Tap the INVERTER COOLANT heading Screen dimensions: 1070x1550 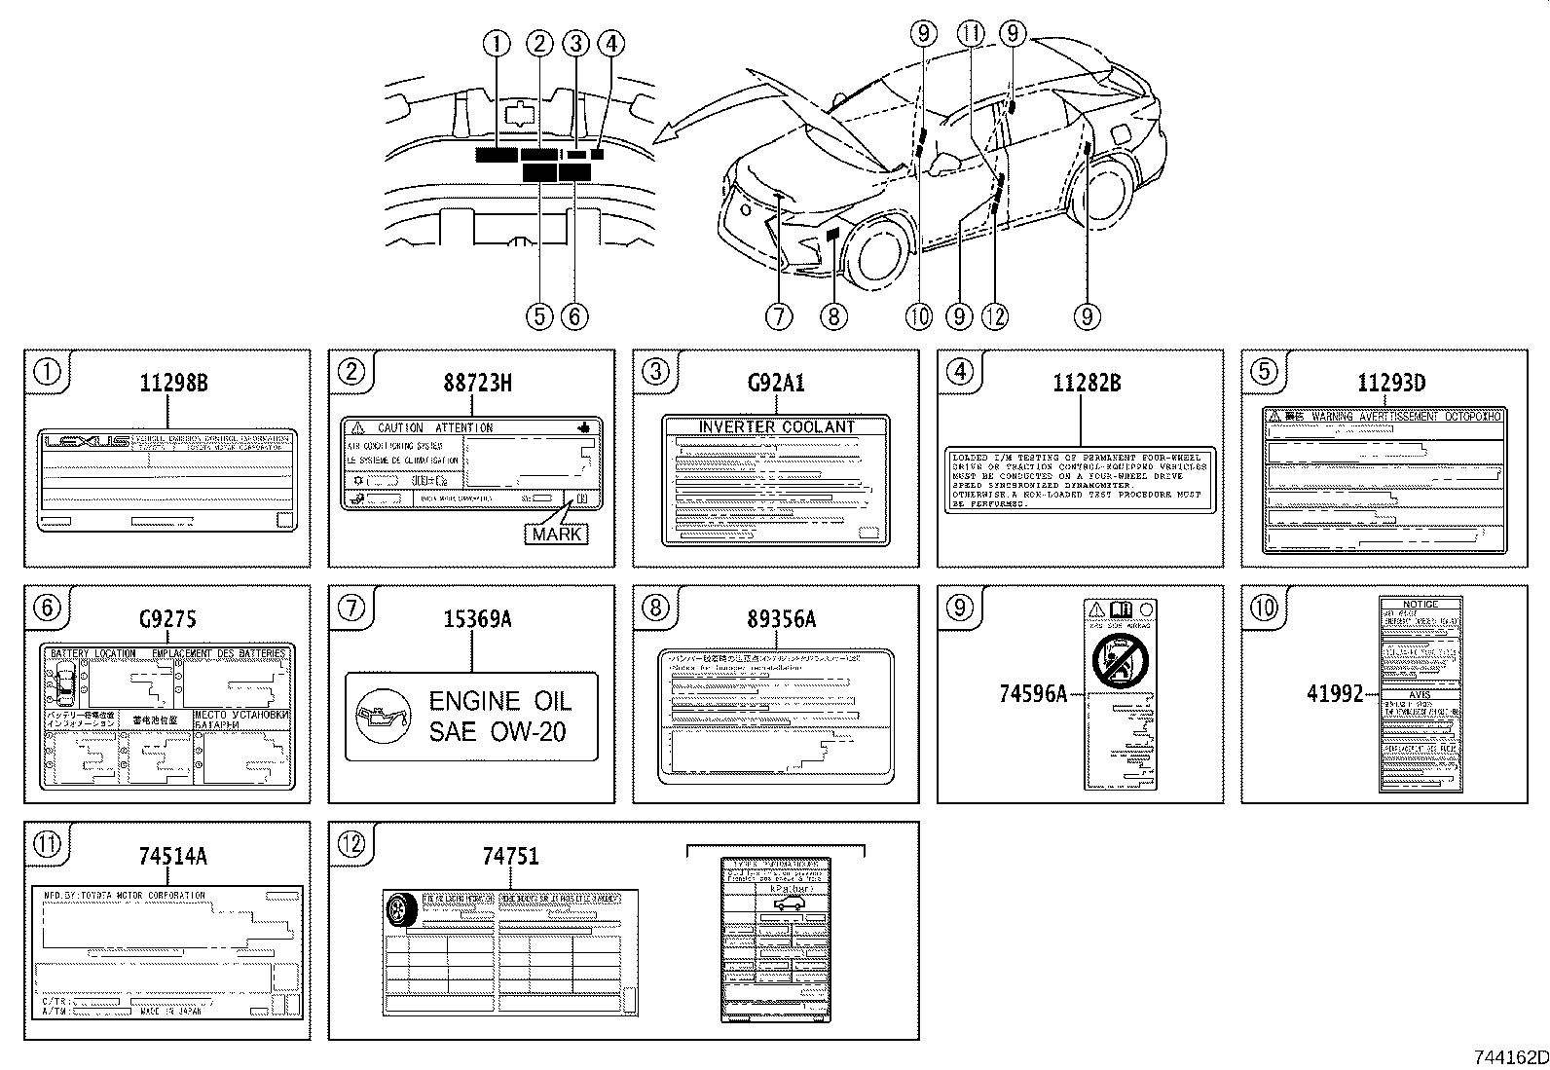[x=776, y=426]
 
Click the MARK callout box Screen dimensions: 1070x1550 [x=557, y=534]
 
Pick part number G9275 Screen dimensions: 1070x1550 [x=167, y=619]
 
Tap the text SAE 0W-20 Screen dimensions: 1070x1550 [x=498, y=732]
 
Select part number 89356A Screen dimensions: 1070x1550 [x=776, y=619]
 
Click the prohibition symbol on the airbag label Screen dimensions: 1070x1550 [x=1121, y=659]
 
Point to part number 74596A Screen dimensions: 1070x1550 [x=1033, y=694]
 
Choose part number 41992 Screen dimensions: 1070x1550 [x=1335, y=694]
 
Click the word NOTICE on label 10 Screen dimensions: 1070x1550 [x=1421, y=605]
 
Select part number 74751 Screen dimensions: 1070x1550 [x=510, y=856]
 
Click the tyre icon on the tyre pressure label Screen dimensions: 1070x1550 [x=400, y=911]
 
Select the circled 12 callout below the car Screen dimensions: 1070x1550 [x=995, y=315]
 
